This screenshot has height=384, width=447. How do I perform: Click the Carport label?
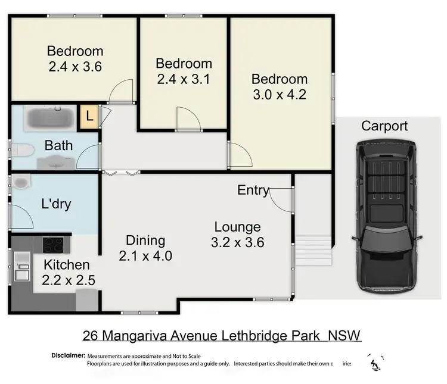[384, 126]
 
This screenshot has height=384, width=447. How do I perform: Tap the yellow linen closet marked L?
[89, 116]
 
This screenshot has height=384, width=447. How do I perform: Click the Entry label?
[253, 190]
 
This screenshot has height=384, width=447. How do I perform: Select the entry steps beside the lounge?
[313, 251]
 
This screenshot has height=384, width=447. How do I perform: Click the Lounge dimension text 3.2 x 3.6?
[237, 242]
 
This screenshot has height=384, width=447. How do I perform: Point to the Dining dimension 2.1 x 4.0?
[145, 256]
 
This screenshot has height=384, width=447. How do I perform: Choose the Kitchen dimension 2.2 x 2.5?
[69, 280]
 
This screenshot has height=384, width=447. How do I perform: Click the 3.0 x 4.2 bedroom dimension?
[279, 95]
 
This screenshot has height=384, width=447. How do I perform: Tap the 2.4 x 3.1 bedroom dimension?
[183, 79]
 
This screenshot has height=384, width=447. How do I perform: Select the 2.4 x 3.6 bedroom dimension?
[74, 67]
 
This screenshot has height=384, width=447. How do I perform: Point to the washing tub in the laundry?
[21, 182]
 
